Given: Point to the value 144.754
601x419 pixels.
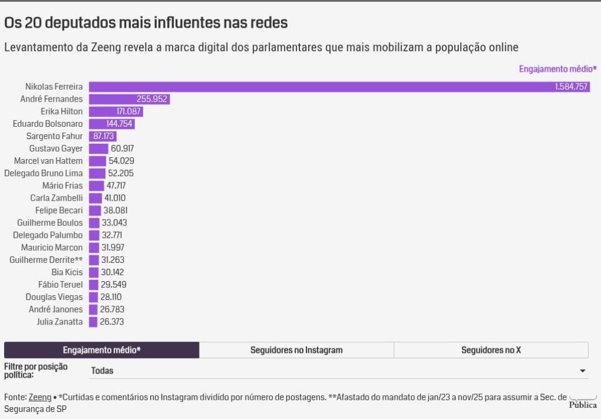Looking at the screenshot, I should (120, 124).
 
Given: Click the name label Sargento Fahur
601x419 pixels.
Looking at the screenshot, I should (55, 136).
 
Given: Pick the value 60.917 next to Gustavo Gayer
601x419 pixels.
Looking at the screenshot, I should (122, 148).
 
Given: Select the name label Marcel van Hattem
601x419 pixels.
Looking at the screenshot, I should (48, 161).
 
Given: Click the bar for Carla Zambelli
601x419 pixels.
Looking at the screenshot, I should (95, 198).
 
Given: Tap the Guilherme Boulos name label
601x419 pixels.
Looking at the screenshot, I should (50, 222).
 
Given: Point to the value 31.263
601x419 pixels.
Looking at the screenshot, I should (113, 259).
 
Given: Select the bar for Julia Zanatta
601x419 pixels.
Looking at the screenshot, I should (93, 322).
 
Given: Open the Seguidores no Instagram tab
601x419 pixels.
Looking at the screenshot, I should (296, 350).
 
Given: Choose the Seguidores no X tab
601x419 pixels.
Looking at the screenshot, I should (491, 350).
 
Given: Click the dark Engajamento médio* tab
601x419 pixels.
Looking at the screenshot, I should (102, 350).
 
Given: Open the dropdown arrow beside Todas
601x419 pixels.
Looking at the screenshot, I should (582, 371).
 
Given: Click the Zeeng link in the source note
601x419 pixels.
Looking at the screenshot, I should (40, 397).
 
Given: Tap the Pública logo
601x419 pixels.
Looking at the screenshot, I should (582, 404).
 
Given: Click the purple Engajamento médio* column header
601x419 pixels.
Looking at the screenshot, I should (557, 69).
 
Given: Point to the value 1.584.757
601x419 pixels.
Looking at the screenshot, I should (571, 87).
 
